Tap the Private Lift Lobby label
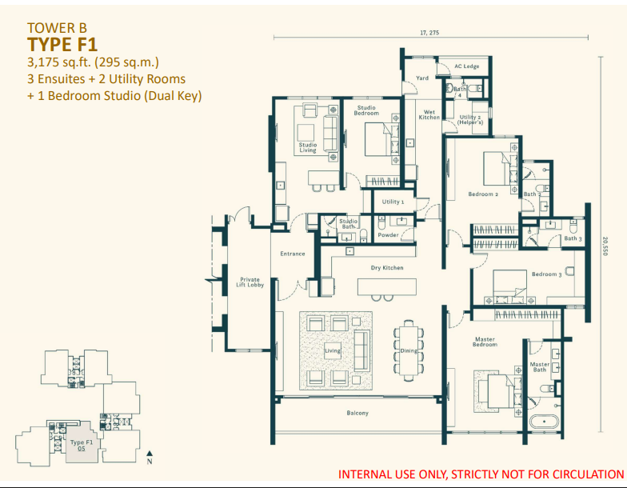[250, 282]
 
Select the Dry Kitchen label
[387, 267]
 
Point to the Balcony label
[357, 413]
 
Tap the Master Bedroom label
[485, 342]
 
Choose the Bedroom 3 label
[546, 274]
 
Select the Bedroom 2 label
[483, 194]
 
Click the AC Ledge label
[466, 66]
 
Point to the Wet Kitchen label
[429, 114]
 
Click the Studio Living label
[308, 147]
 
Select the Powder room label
[389, 235]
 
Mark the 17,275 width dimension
[429, 32]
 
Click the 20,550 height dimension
[605, 245]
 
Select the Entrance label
[292, 254]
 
